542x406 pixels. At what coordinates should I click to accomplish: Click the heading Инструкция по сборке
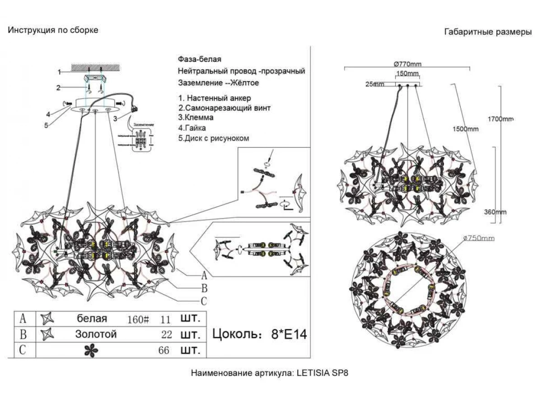53,30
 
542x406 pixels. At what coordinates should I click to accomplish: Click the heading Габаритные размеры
488,32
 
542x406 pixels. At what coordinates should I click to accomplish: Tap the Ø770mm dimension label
407,64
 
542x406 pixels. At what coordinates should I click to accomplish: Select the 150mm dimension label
408,74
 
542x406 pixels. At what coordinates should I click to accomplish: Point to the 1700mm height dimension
500,120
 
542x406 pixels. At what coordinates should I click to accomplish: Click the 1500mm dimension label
465,129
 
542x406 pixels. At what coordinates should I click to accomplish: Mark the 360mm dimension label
495,212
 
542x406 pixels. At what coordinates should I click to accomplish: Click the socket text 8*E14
289,334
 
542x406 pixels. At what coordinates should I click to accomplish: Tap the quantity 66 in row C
164,351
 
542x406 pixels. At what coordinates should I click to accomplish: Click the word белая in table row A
92,318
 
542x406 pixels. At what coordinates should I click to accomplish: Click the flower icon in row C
91,350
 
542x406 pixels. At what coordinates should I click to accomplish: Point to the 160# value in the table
139,319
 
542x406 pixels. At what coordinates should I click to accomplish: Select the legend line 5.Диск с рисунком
213,138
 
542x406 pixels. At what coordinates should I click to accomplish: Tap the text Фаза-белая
200,60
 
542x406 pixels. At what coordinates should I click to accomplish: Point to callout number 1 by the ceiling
59,72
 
